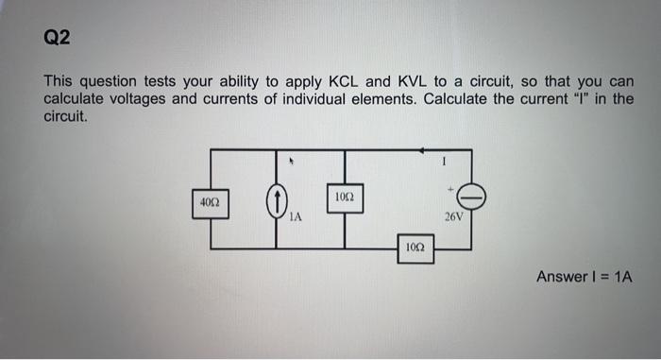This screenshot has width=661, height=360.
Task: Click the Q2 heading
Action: click(58, 38)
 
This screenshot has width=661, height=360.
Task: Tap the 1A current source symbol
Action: click(276, 200)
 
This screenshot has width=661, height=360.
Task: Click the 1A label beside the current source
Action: click(295, 216)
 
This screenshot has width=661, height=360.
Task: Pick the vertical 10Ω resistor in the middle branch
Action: click(345, 197)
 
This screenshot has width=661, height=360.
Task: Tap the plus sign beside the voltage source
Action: click(452, 189)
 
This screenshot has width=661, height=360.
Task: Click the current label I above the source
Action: click(442, 163)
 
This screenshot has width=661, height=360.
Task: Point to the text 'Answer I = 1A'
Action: click(584, 277)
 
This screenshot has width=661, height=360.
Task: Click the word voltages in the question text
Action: click(141, 99)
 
